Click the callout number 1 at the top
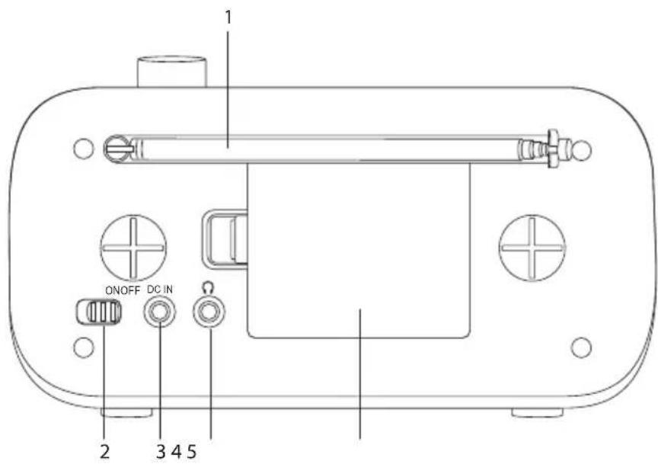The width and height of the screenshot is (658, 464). [228, 18]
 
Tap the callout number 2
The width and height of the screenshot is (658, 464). [105, 452]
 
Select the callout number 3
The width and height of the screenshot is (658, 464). [161, 452]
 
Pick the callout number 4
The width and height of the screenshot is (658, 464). [177, 452]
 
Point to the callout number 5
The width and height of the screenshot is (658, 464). [191, 452]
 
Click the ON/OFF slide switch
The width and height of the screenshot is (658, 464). [99, 312]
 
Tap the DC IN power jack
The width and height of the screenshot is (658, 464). [160, 312]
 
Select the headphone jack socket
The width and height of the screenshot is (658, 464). [209, 312]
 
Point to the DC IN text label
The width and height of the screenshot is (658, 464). [160, 290]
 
